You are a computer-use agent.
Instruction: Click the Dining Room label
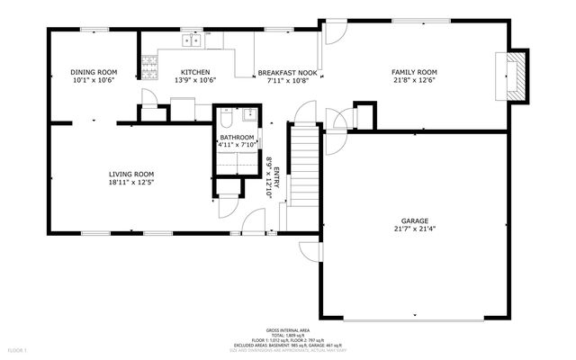coord(94,72)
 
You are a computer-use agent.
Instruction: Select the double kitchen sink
coord(192,40)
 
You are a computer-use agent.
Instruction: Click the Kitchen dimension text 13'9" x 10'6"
coord(195,80)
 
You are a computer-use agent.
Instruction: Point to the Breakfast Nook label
coord(288,72)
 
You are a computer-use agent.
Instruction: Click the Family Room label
coord(413,71)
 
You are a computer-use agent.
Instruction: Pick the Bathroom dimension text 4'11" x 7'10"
coord(238,144)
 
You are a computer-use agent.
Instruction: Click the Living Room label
coord(131,175)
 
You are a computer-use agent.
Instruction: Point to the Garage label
coord(414,220)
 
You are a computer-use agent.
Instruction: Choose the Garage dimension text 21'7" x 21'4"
coord(414,229)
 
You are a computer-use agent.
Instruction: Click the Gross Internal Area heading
coord(287,330)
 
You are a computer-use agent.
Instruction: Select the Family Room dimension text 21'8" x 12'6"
coord(413,80)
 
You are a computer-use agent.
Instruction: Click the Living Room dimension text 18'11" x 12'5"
coord(131,183)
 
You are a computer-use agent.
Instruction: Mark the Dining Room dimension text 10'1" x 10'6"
coord(94,80)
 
